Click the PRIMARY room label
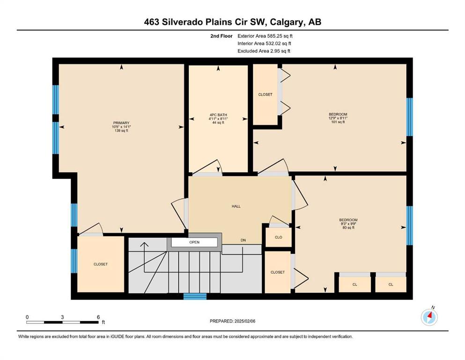121,123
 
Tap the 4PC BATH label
218,115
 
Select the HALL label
236,206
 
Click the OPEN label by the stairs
194,242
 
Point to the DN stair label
243,240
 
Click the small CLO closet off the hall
279,237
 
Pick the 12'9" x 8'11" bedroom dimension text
338,118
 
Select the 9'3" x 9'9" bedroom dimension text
348,224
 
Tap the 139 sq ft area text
121,131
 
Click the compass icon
429,317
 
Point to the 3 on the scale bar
62,317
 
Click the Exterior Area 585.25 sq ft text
265,36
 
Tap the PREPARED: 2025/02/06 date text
232,321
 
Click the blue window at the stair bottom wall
195,296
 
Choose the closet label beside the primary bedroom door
101,264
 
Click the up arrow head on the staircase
144,245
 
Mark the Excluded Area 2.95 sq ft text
264,51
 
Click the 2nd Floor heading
221,36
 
